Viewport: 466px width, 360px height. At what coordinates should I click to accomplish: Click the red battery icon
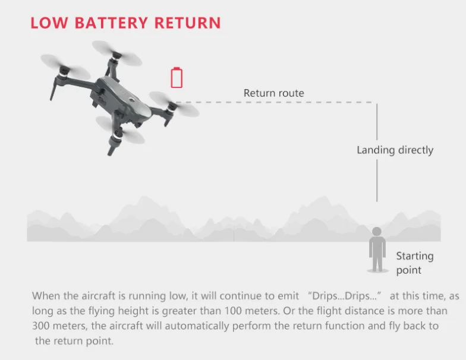[x=177, y=78]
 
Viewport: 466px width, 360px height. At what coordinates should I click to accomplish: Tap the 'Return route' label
[x=273, y=93]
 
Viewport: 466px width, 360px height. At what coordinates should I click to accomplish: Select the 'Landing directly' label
[x=395, y=150]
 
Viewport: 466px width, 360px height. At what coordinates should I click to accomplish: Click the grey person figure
[x=377, y=250]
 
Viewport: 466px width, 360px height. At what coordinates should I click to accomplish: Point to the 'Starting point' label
[x=414, y=263]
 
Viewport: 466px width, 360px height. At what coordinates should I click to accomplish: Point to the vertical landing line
[x=377, y=154]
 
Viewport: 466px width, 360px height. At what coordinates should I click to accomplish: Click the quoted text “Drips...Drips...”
[x=345, y=296]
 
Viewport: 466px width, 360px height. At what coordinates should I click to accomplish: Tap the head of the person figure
[x=377, y=232]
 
